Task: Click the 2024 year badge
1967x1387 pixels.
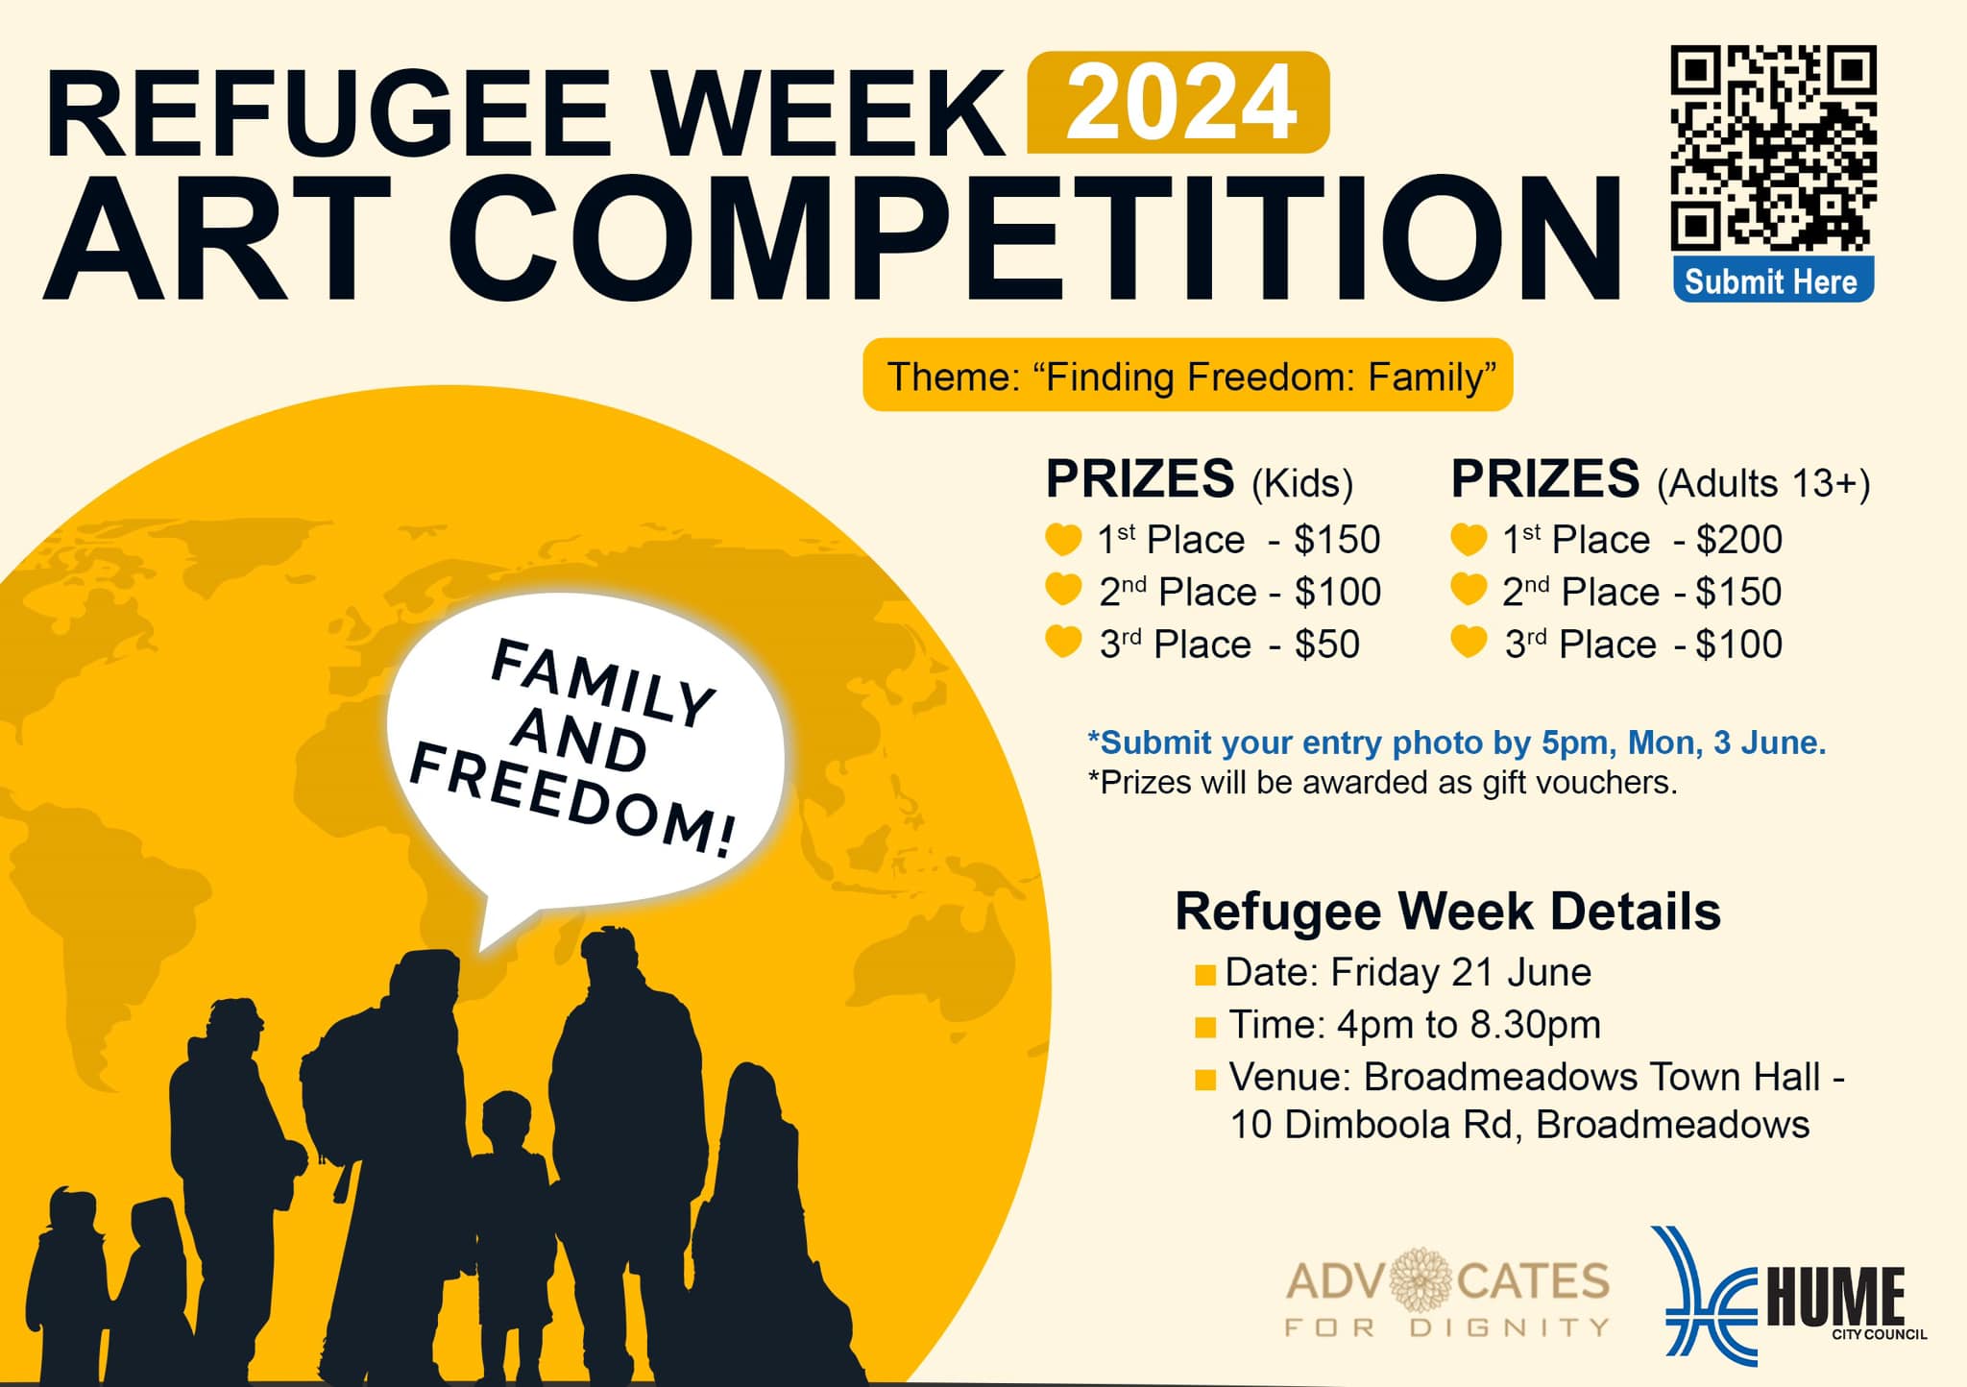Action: click(x=1178, y=103)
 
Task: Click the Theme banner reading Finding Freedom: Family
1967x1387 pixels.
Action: click(x=1188, y=376)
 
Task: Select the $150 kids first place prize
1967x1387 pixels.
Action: click(x=1336, y=540)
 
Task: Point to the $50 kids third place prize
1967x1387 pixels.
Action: click(x=1326, y=645)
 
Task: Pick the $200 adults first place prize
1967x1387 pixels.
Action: click(x=1738, y=540)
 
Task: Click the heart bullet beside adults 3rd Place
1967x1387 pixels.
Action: click(x=1469, y=641)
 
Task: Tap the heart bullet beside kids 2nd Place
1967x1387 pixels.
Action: click(x=1063, y=589)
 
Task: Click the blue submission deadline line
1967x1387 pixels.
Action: click(x=1456, y=742)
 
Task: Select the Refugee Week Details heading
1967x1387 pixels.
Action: click(x=1447, y=911)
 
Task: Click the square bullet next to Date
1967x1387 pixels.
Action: click(x=1204, y=976)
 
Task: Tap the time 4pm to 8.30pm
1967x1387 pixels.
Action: click(x=1469, y=1025)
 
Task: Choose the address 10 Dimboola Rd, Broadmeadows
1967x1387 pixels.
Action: click(x=1519, y=1124)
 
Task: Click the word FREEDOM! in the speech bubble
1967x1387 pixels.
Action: click(x=572, y=801)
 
